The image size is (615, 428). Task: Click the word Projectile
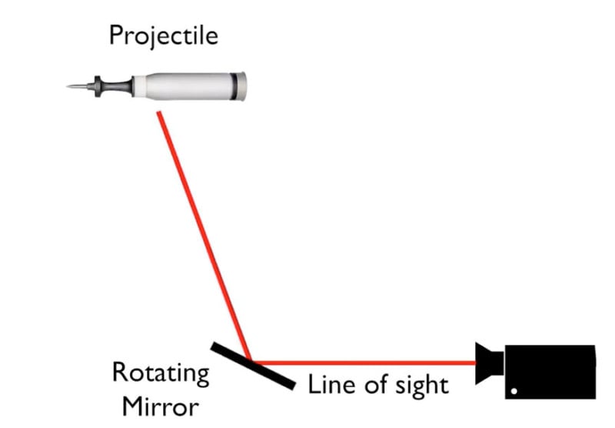coord(164,36)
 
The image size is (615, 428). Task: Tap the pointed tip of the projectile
coord(68,86)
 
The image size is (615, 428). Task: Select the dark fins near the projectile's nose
coord(98,86)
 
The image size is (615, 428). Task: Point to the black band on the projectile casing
coord(234,86)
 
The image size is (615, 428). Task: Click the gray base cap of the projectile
coord(242,86)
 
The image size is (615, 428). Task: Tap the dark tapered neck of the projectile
coord(117,86)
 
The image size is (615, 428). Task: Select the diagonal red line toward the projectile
coord(204,236)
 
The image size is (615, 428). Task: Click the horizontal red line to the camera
coord(364,363)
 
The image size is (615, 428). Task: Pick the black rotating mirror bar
coord(253,366)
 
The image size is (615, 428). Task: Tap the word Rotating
coord(161,373)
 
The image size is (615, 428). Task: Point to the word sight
coord(421,386)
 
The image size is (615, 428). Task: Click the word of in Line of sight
coord(377,384)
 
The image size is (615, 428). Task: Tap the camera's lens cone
coord(489,363)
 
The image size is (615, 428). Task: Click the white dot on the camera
coord(514,391)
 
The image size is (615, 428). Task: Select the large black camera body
coord(550,372)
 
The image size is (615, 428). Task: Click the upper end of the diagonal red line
coord(158,113)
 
